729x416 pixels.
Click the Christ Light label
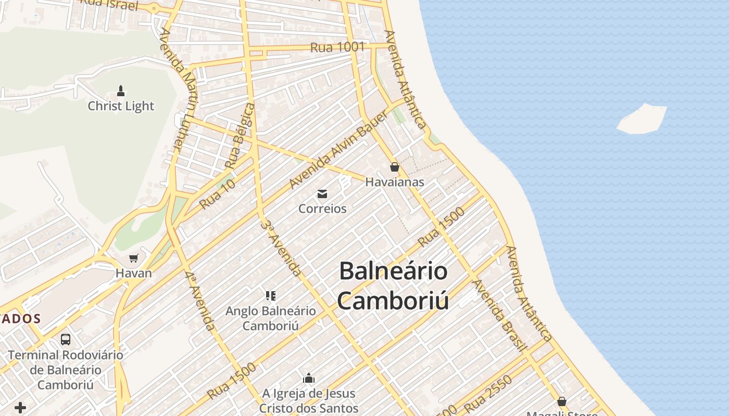(121, 106)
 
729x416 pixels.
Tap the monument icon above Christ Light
(121, 92)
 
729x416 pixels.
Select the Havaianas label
(395, 182)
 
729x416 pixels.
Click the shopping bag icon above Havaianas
(395, 167)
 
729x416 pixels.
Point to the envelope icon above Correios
(322, 194)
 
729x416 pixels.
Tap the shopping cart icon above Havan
(134, 258)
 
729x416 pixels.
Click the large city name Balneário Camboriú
(393, 285)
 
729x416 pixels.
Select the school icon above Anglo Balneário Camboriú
(270, 296)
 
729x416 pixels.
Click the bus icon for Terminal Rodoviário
(66, 340)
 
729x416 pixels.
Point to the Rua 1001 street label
(337, 47)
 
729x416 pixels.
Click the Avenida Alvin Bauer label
(338, 150)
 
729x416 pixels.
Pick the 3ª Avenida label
(281, 248)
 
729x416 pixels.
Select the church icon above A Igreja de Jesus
(309, 378)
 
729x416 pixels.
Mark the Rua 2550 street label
(488, 394)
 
